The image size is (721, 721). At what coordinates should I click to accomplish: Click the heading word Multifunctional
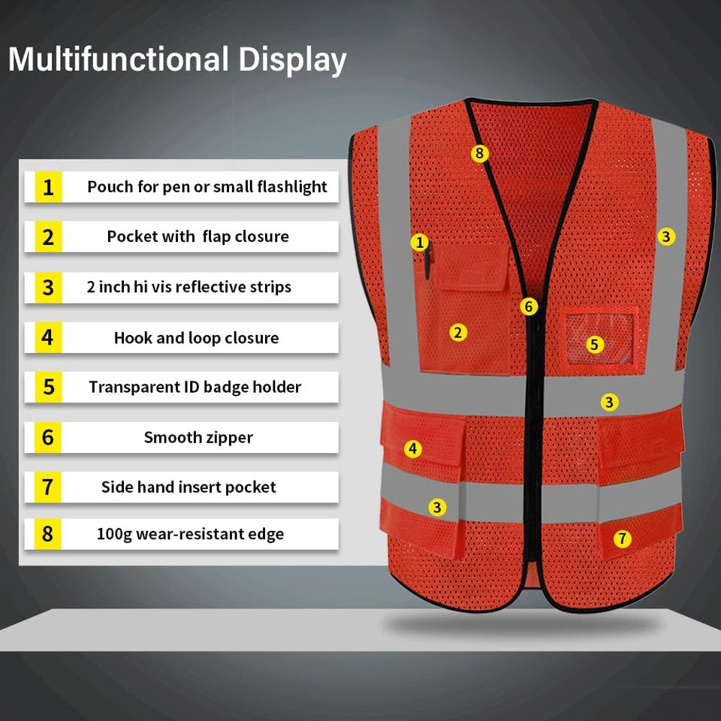(119, 59)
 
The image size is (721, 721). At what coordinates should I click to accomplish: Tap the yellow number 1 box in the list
(48, 187)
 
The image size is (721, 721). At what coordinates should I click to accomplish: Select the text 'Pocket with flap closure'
(198, 237)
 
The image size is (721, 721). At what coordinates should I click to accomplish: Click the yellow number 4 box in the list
(48, 337)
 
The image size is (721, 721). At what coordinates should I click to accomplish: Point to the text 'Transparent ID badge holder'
(195, 388)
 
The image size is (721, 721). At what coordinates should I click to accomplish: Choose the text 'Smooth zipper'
(198, 437)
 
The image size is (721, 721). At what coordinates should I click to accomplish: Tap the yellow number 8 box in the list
(48, 534)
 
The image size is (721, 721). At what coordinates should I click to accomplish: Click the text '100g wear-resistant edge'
(190, 534)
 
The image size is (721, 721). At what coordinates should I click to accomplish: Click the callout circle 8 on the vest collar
(480, 153)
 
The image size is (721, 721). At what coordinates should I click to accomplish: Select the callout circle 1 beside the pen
(419, 242)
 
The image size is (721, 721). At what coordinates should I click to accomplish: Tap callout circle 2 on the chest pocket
(458, 333)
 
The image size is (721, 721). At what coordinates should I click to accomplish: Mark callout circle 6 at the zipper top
(529, 306)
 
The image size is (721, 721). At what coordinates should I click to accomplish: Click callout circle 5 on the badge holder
(595, 345)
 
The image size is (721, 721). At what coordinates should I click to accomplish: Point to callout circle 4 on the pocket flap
(413, 449)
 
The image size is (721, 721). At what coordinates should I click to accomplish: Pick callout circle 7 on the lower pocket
(622, 538)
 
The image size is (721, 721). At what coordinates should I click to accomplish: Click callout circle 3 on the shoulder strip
(666, 237)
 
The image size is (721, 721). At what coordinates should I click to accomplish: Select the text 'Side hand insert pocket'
(189, 487)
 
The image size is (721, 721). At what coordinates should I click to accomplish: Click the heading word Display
(292, 60)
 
